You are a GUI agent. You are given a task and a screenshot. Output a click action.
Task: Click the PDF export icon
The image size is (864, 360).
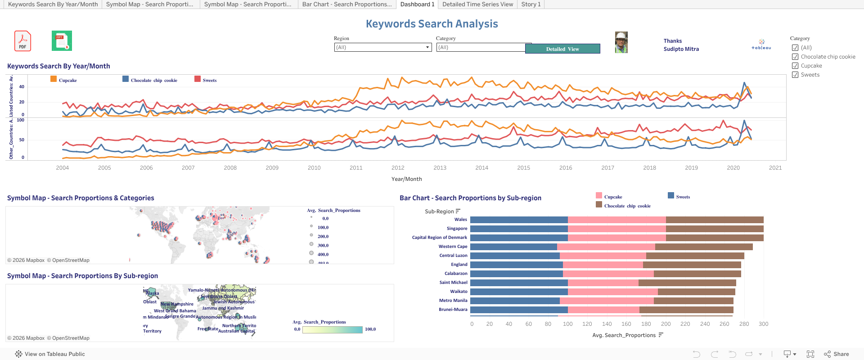[22, 41]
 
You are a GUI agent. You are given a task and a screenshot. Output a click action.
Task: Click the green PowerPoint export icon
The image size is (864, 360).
[62, 41]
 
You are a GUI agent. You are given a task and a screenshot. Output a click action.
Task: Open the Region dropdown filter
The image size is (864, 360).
[383, 47]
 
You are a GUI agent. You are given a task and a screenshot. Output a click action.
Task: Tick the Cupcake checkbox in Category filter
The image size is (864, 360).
[795, 66]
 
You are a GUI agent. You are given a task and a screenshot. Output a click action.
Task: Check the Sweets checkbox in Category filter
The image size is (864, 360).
[795, 75]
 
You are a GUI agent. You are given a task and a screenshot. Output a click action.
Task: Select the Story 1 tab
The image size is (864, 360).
[531, 4]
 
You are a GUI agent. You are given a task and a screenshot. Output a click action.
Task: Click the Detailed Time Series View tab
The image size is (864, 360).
[477, 4]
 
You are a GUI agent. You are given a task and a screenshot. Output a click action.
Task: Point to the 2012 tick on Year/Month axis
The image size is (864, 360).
[398, 168]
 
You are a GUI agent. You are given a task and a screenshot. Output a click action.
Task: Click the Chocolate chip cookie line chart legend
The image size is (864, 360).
[153, 81]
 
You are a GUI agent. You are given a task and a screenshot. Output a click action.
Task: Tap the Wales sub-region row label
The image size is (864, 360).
[460, 220]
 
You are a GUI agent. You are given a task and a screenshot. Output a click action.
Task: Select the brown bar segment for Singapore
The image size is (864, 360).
[714, 229]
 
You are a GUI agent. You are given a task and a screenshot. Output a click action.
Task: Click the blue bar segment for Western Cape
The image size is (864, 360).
[513, 247]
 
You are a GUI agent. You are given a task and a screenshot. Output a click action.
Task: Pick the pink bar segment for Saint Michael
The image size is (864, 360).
[603, 283]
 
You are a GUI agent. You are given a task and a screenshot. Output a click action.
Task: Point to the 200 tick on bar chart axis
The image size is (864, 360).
[666, 324]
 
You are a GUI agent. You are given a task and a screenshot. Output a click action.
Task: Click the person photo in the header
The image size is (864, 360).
[621, 43]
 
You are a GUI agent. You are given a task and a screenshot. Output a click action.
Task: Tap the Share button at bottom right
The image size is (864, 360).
[837, 354]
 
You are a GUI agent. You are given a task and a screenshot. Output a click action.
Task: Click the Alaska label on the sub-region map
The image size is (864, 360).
[153, 293]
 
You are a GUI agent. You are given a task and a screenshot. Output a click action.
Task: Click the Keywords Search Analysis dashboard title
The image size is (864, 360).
[432, 24]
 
